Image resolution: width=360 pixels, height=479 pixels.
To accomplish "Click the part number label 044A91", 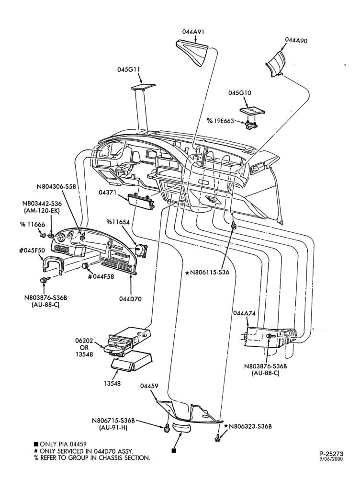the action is pyautogui.click(x=193, y=32).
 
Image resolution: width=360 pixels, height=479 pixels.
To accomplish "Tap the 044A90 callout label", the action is pyautogui.click(x=296, y=40).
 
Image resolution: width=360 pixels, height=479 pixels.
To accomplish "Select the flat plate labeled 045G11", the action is pyautogui.click(x=143, y=87).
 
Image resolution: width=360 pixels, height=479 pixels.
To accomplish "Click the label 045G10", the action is pyautogui.click(x=240, y=93).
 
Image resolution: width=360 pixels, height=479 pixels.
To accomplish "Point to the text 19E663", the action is pyautogui.click(x=224, y=121).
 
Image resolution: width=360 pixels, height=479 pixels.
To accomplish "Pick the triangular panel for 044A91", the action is pyautogui.click(x=193, y=53).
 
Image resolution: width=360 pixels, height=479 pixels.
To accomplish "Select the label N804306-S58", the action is pyautogui.click(x=56, y=186).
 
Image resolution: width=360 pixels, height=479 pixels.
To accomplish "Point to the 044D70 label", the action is pyautogui.click(x=130, y=299).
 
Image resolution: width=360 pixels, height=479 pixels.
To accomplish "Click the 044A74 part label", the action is pyautogui.click(x=244, y=313).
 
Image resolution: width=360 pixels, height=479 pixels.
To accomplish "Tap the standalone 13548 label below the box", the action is pyautogui.click(x=112, y=383).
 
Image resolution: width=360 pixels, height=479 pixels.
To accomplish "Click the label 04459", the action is pyautogui.click(x=149, y=386).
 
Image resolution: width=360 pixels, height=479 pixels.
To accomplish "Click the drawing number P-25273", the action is pyautogui.click(x=331, y=454).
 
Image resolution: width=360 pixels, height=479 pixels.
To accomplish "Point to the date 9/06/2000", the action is pyautogui.click(x=331, y=459).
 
